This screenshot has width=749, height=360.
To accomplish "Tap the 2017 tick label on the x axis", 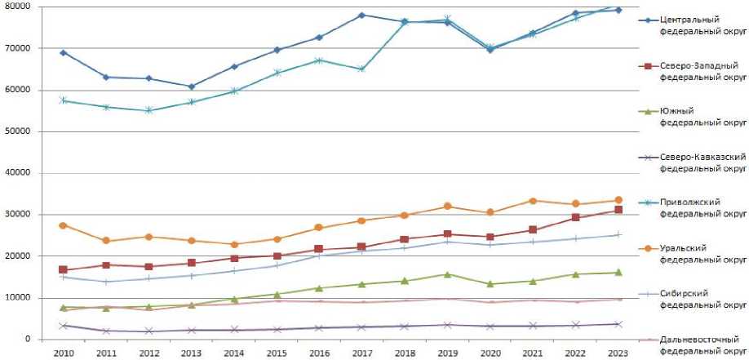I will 360,353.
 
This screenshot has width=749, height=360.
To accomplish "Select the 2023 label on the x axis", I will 617,353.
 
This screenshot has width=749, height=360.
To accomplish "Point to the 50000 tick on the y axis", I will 18,131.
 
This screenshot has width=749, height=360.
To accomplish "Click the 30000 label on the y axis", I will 18,215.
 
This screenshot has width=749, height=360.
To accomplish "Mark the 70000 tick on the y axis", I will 18,48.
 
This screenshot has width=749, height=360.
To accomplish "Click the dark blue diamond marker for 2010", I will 63,52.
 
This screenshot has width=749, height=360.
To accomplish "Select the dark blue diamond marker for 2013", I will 191,87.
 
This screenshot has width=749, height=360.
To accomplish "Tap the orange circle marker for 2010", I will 63,224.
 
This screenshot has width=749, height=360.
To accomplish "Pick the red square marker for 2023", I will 618,210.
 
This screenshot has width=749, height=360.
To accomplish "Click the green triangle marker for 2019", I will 446,274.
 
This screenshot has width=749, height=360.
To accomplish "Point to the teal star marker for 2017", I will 361,69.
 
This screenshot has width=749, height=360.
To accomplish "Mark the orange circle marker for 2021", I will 532,201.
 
